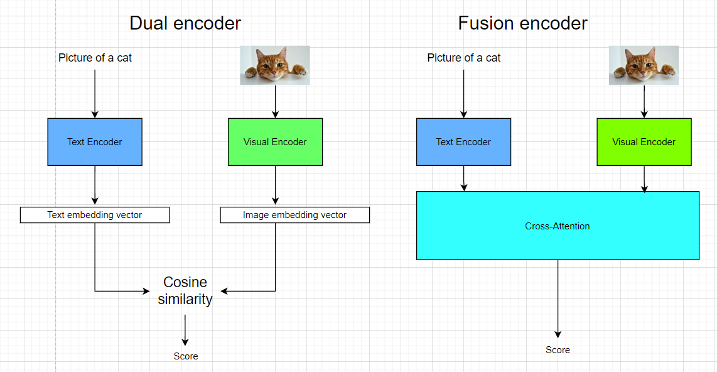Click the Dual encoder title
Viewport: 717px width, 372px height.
click(x=185, y=24)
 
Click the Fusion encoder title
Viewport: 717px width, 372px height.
click(x=522, y=24)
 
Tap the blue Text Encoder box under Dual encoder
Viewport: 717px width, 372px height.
click(x=95, y=142)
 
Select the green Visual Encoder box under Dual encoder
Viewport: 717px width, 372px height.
click(x=275, y=142)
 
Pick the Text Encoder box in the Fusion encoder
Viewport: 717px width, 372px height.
click(x=463, y=142)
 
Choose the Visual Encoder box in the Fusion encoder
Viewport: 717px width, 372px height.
click(x=644, y=142)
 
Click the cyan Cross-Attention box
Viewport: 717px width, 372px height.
click(x=558, y=226)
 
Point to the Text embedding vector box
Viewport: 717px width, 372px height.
click(x=95, y=215)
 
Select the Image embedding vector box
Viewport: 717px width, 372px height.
click(x=294, y=215)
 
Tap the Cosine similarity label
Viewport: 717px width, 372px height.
click(x=185, y=290)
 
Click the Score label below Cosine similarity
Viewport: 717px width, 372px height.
click(x=186, y=356)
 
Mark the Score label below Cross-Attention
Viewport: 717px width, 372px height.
click(x=558, y=350)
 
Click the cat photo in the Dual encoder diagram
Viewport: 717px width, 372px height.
click(x=275, y=65)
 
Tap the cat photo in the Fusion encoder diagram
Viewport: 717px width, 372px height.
click(x=644, y=65)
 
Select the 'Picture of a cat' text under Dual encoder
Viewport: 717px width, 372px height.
click(x=95, y=58)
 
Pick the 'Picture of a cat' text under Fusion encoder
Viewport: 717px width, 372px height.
click(x=464, y=58)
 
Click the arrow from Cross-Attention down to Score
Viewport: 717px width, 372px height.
click(x=558, y=298)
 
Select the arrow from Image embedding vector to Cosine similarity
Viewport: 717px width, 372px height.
click(x=275, y=264)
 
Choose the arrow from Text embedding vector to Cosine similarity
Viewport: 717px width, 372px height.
click(x=95, y=264)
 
